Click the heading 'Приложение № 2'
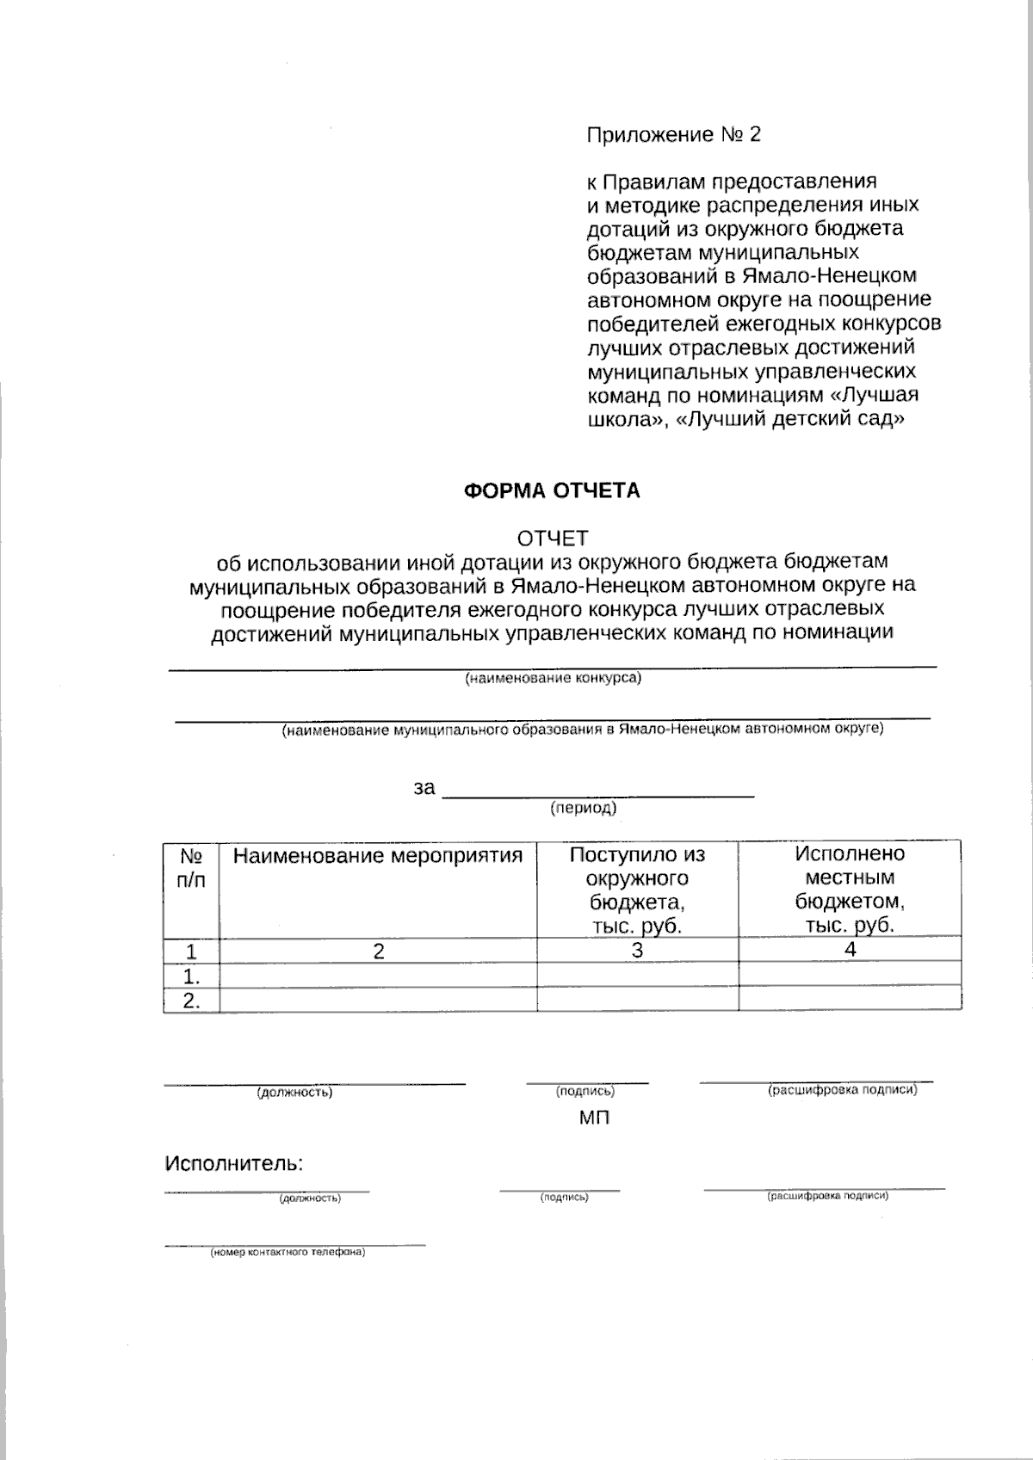(x=673, y=135)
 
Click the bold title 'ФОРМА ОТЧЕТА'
(x=552, y=491)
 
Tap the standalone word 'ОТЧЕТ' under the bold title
(x=552, y=539)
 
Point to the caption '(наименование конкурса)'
(x=553, y=678)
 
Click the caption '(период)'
(x=583, y=809)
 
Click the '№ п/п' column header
(x=191, y=869)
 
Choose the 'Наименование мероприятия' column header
(x=378, y=856)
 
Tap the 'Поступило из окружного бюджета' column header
(x=637, y=890)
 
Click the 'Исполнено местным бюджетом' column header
(x=850, y=890)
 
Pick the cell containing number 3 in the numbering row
(x=637, y=951)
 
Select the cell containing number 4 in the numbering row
(x=850, y=950)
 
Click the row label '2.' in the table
(x=191, y=1001)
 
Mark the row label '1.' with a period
(x=191, y=976)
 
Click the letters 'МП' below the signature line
(x=594, y=1118)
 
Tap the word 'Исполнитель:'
(x=233, y=1164)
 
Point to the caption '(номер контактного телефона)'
(x=288, y=1253)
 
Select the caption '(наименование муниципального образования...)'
(x=582, y=730)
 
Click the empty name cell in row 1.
(x=378, y=976)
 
